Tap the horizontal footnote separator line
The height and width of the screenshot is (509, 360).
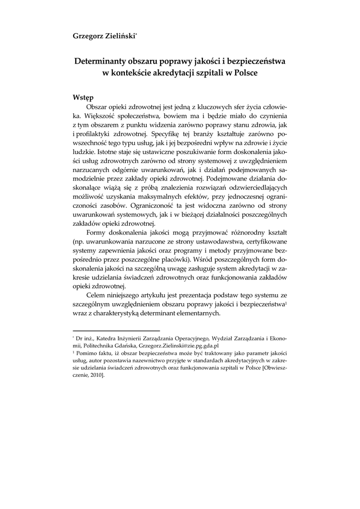(116, 330)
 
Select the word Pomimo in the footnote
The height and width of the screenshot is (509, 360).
(88, 353)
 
